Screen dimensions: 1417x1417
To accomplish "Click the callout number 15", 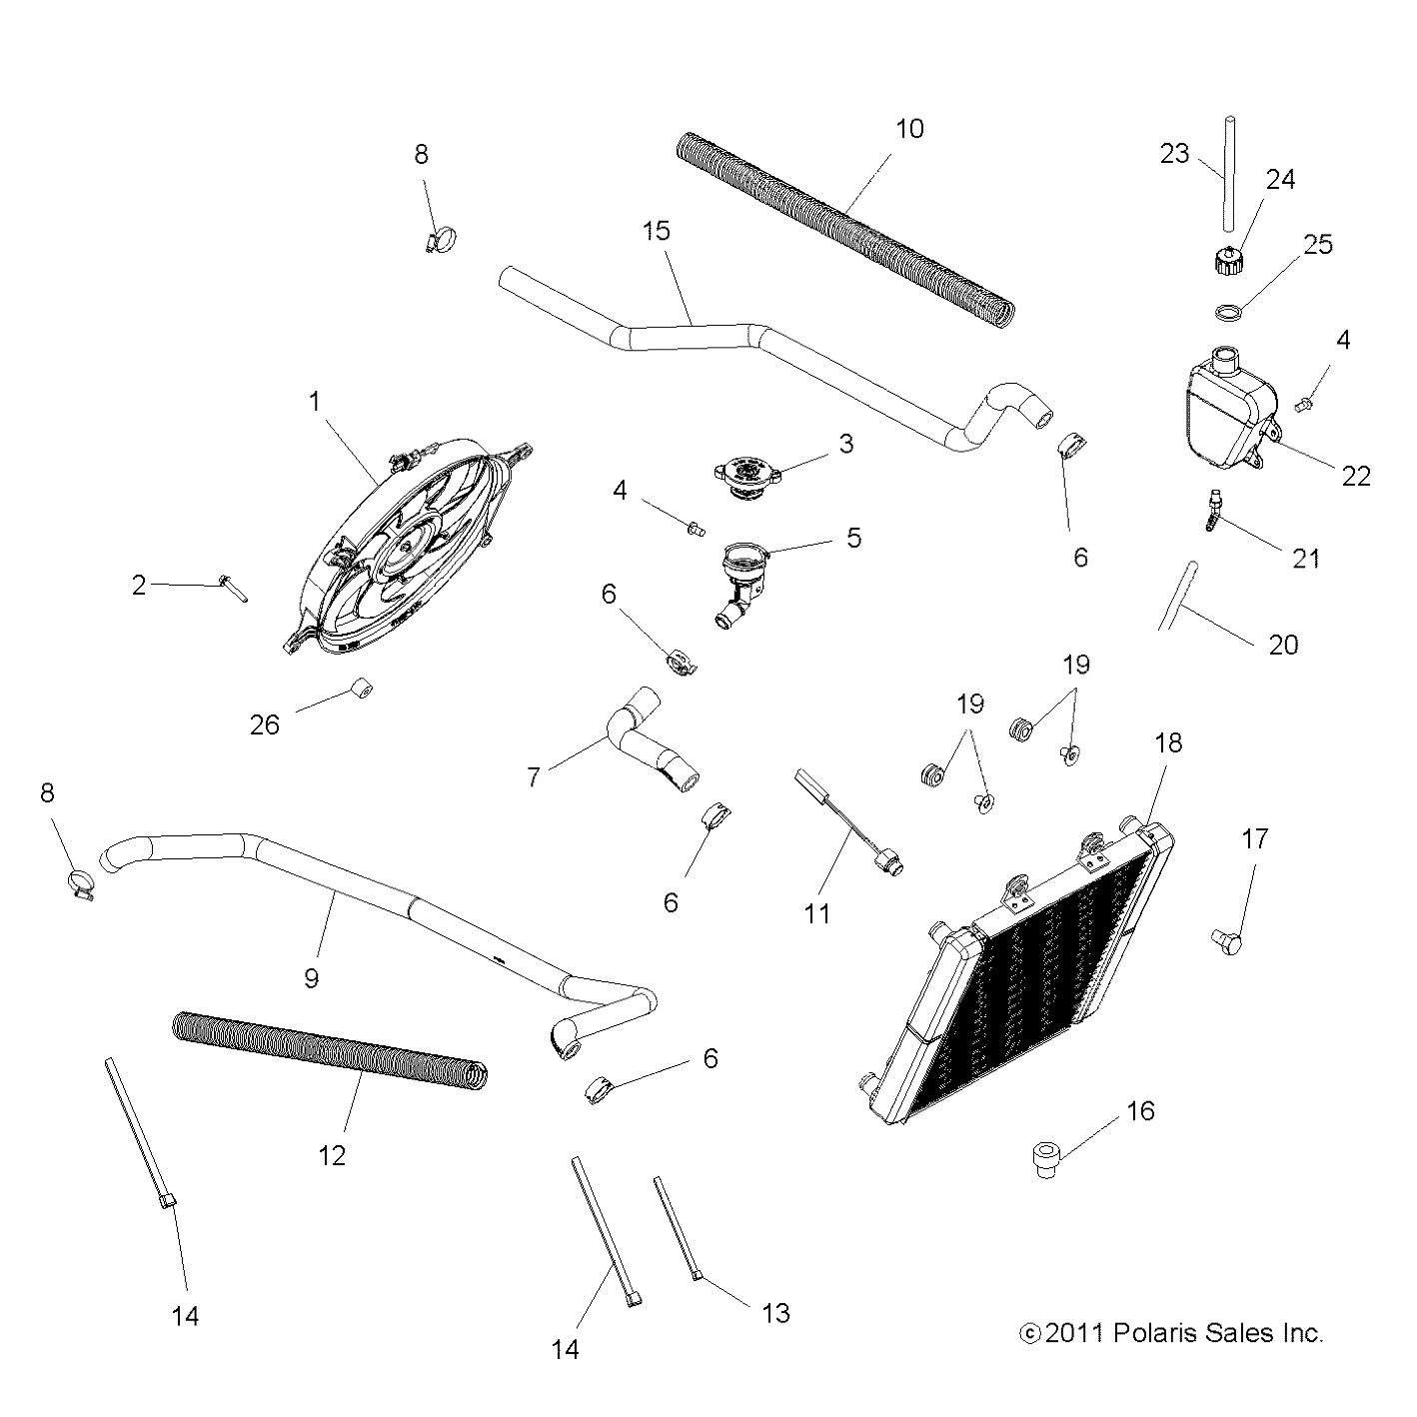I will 656,231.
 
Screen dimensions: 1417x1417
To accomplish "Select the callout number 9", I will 311,977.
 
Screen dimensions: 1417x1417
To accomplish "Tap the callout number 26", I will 265,724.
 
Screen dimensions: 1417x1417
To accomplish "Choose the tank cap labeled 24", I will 1225,264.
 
